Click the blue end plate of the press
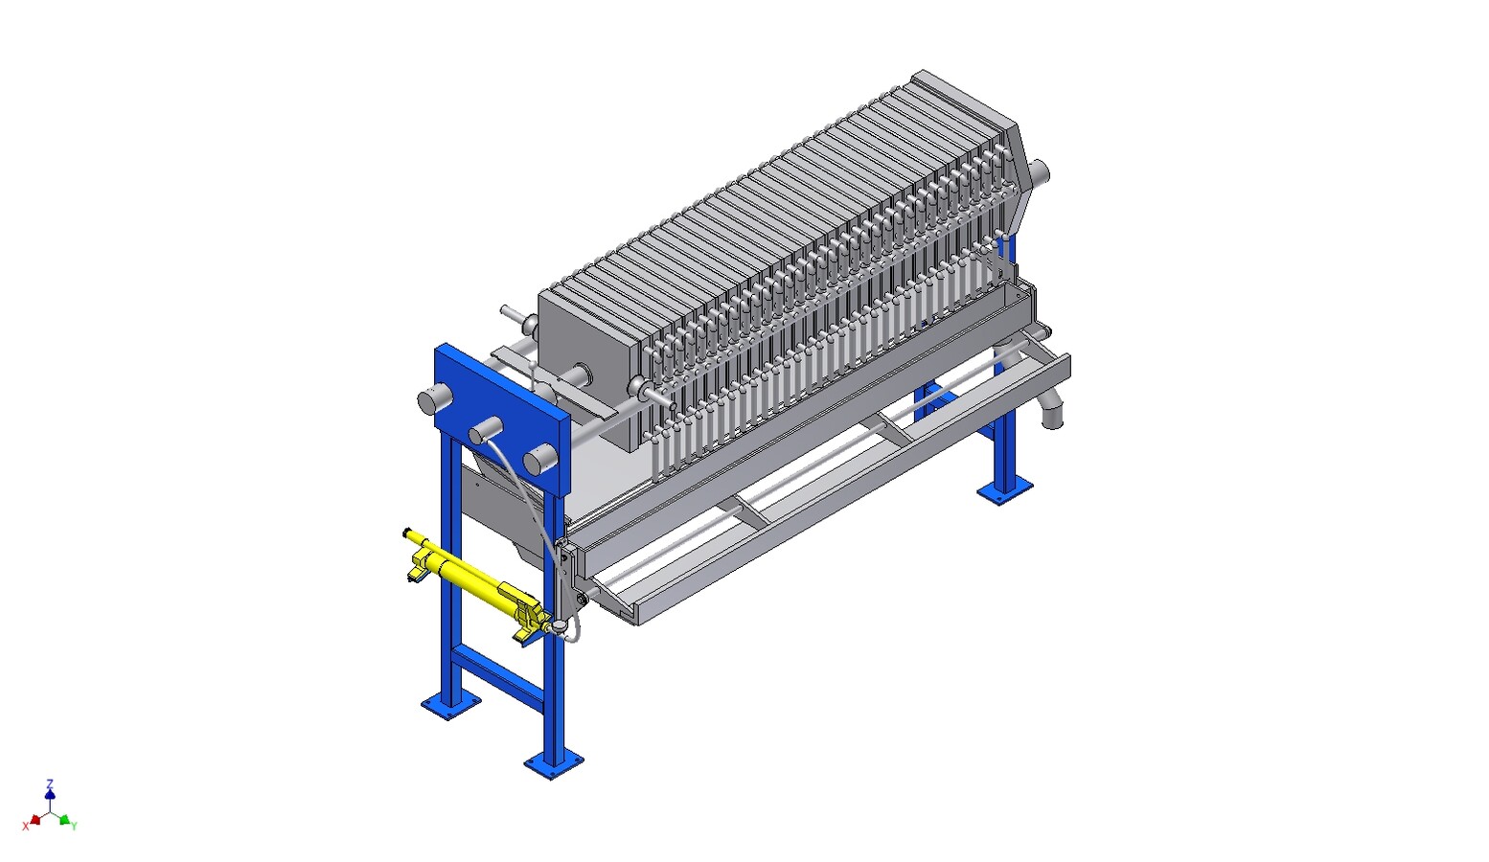click(502, 418)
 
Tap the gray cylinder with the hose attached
click(485, 431)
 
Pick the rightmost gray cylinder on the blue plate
click(539, 459)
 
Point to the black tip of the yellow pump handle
click(406, 532)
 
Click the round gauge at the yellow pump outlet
click(559, 625)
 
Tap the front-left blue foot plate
click(450, 705)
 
